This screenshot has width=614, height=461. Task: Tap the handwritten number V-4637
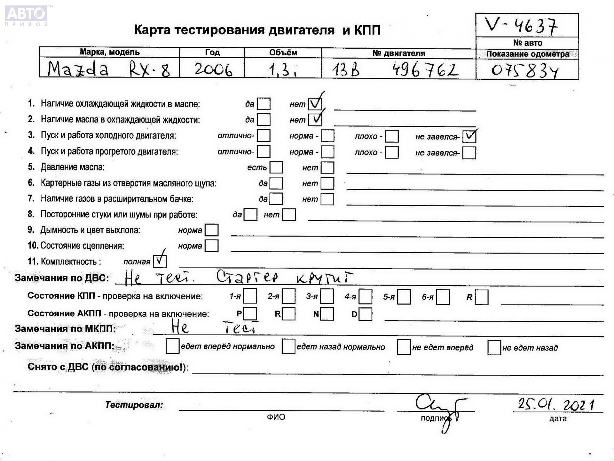522,26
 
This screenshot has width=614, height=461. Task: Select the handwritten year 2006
213,69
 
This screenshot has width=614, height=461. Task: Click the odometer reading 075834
525,70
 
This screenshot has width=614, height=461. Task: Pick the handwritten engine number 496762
425,70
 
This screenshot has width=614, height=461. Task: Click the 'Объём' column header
283,53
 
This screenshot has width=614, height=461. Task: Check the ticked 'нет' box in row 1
315,103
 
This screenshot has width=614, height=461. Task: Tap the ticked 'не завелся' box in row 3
469,136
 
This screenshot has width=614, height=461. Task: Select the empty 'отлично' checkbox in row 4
264,151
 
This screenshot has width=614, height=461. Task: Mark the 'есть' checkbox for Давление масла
276,167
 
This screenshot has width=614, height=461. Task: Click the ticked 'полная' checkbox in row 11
160,261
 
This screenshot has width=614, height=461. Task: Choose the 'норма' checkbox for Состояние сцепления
211,246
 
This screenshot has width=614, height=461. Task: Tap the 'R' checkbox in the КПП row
482,297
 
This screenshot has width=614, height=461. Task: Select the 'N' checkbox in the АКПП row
327,314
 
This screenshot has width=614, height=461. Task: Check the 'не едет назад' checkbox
494,348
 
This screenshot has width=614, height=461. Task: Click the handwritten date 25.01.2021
556,405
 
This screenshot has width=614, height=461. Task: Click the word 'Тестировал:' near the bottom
134,405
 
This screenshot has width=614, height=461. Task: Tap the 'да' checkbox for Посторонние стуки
250,214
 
